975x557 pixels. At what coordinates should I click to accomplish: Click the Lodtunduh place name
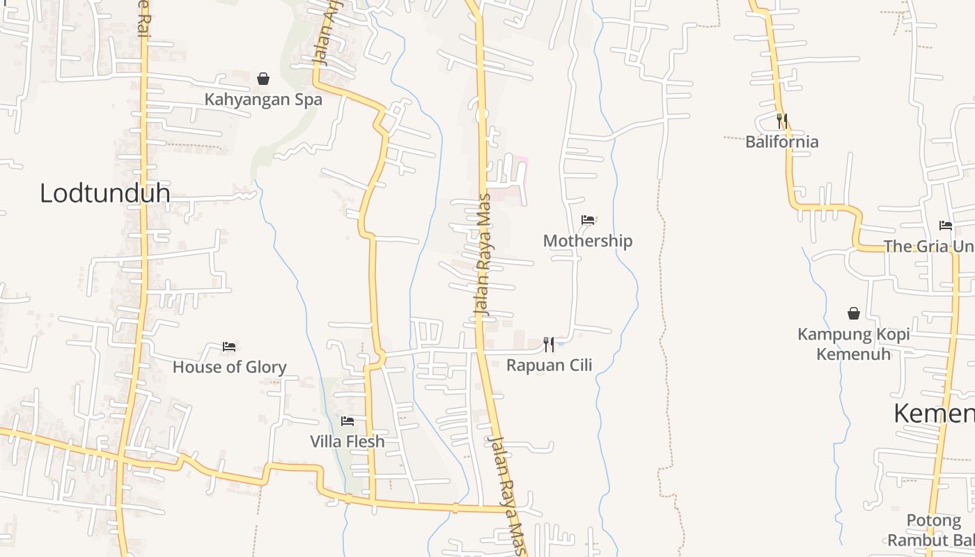[x=104, y=193]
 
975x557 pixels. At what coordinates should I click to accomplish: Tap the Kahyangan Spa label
[x=263, y=100]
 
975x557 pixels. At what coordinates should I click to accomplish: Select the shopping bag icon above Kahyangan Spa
[x=263, y=79]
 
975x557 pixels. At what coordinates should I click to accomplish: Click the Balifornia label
[x=781, y=142]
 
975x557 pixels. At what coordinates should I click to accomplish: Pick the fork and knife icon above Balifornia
[x=782, y=121]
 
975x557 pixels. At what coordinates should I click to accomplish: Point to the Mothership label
[x=588, y=241]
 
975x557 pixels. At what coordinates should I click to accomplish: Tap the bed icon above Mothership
[x=588, y=220]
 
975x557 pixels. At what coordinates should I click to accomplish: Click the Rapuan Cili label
[x=549, y=365]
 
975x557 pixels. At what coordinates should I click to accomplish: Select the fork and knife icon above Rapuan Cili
[x=549, y=344]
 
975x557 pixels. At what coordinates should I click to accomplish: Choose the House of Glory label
[x=229, y=367]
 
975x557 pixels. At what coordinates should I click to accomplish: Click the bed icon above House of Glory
[x=229, y=346]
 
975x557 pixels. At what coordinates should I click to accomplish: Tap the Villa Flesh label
[x=347, y=441]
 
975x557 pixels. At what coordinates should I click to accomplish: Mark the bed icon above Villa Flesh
[x=348, y=421]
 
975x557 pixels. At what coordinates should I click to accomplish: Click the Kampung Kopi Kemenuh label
[x=853, y=344]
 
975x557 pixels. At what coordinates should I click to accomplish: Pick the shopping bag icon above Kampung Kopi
[x=853, y=313]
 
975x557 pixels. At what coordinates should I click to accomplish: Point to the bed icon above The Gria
[x=945, y=225]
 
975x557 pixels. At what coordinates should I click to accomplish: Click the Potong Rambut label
[x=932, y=531]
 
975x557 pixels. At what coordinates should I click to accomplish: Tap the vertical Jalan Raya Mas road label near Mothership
[x=482, y=255]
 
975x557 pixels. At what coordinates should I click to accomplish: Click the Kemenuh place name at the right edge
[x=933, y=414]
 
